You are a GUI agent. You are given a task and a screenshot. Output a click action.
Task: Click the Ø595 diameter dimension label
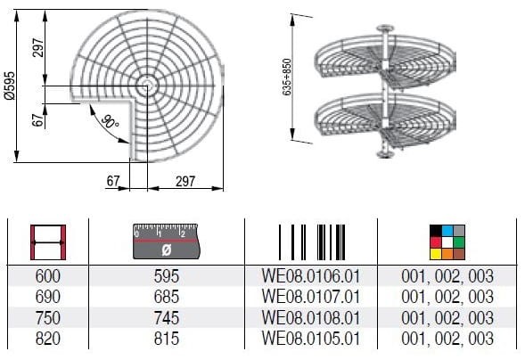pyautogui.click(x=10, y=86)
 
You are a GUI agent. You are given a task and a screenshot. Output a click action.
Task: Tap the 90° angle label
pyautogui.click(x=110, y=121)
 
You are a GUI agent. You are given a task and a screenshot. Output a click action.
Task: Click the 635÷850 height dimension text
pyautogui.click(x=287, y=77)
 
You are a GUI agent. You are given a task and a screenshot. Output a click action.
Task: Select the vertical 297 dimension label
pyautogui.click(x=38, y=47)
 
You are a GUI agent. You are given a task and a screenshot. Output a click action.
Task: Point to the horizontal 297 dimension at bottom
pyautogui.click(x=185, y=181)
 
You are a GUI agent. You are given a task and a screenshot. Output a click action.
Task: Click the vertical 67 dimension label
pyautogui.click(x=37, y=120)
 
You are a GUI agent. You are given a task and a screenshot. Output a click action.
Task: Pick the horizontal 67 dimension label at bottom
pyautogui.click(x=113, y=181)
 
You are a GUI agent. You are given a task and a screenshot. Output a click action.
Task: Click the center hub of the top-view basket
pyautogui.click(x=147, y=86)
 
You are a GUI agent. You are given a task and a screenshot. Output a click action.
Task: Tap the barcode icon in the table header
pyautogui.click(x=312, y=242)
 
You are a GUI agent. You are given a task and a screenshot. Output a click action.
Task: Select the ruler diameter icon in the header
pyautogui.click(x=167, y=241)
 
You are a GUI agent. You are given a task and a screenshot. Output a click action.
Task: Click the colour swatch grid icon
pyautogui.click(x=447, y=242)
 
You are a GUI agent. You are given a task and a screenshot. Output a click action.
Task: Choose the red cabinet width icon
pyautogui.click(x=48, y=242)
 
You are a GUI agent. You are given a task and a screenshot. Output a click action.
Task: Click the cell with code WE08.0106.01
pyautogui.click(x=311, y=276)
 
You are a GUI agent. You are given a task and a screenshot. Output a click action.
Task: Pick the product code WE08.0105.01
pyautogui.click(x=311, y=339)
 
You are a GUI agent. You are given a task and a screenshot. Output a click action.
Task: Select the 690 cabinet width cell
pyautogui.click(x=48, y=297)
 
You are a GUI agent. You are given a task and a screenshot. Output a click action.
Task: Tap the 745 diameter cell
pyautogui.click(x=167, y=317)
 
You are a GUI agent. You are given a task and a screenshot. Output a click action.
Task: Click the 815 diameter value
pyautogui.click(x=167, y=339)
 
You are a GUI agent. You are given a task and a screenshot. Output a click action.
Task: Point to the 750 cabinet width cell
pyautogui.click(x=48, y=317)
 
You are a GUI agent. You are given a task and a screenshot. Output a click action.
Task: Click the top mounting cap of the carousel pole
pyautogui.click(x=385, y=29)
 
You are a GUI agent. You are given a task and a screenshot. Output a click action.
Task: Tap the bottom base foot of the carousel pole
pyautogui.click(x=385, y=154)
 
